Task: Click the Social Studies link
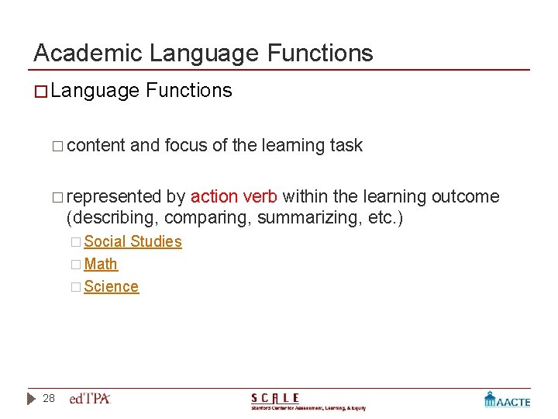(133, 241)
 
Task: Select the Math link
(101, 264)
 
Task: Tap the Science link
(111, 286)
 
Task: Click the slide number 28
(49, 398)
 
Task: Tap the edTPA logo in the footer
(90, 399)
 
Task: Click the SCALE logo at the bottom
(308, 400)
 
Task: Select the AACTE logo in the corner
(507, 400)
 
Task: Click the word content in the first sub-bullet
(96, 145)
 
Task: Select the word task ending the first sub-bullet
(346, 145)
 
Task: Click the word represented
(114, 196)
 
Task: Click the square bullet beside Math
(75, 265)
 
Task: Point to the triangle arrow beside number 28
(31, 399)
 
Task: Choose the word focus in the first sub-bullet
(186, 145)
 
